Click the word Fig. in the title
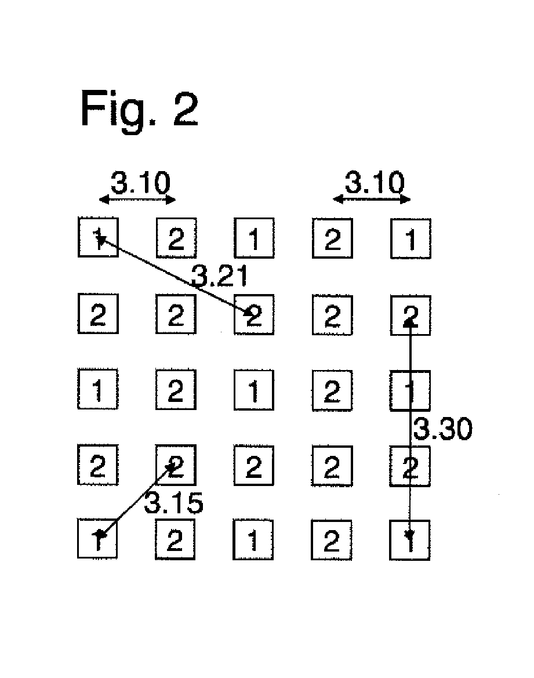(x=118, y=110)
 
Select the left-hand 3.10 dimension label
(x=140, y=183)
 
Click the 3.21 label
(x=220, y=276)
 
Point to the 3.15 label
(x=173, y=503)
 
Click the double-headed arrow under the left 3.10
(x=137, y=200)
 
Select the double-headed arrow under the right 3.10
(x=372, y=199)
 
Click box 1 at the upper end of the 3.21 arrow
(x=98, y=237)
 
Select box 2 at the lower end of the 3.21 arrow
(x=255, y=314)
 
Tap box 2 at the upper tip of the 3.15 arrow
(x=176, y=465)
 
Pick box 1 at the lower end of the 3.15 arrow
(x=97, y=539)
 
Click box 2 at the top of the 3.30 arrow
(x=411, y=315)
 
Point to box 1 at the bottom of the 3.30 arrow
(x=409, y=540)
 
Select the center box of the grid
(x=254, y=390)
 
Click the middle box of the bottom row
(x=253, y=539)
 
